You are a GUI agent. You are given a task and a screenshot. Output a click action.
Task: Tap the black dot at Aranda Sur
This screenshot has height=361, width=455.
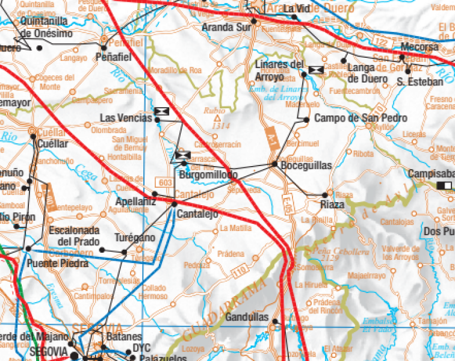click(254, 20)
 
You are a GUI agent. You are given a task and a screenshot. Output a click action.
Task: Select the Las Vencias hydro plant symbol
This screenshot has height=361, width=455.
click(161, 111)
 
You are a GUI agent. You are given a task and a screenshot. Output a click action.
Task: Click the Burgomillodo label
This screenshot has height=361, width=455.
click(209, 175)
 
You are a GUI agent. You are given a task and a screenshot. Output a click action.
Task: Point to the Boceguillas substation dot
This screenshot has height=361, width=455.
click(274, 164)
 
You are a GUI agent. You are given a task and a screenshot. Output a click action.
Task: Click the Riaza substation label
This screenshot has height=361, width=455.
click(332, 205)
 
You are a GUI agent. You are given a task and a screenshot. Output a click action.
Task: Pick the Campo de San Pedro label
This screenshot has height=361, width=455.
click(352, 119)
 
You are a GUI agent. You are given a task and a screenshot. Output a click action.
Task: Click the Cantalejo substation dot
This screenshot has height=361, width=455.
click(175, 204)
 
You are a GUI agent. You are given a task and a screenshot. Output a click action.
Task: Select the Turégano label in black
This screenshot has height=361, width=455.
click(135, 238)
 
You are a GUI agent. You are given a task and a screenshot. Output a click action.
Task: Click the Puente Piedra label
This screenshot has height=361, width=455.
click(58, 264)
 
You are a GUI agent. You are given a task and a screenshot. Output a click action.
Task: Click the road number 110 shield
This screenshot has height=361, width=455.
click(241, 273)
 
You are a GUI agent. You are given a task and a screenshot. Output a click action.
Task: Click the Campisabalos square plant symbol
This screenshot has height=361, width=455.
click(445, 185)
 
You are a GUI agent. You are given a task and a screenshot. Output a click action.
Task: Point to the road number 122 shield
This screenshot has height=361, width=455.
click(379, 41)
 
